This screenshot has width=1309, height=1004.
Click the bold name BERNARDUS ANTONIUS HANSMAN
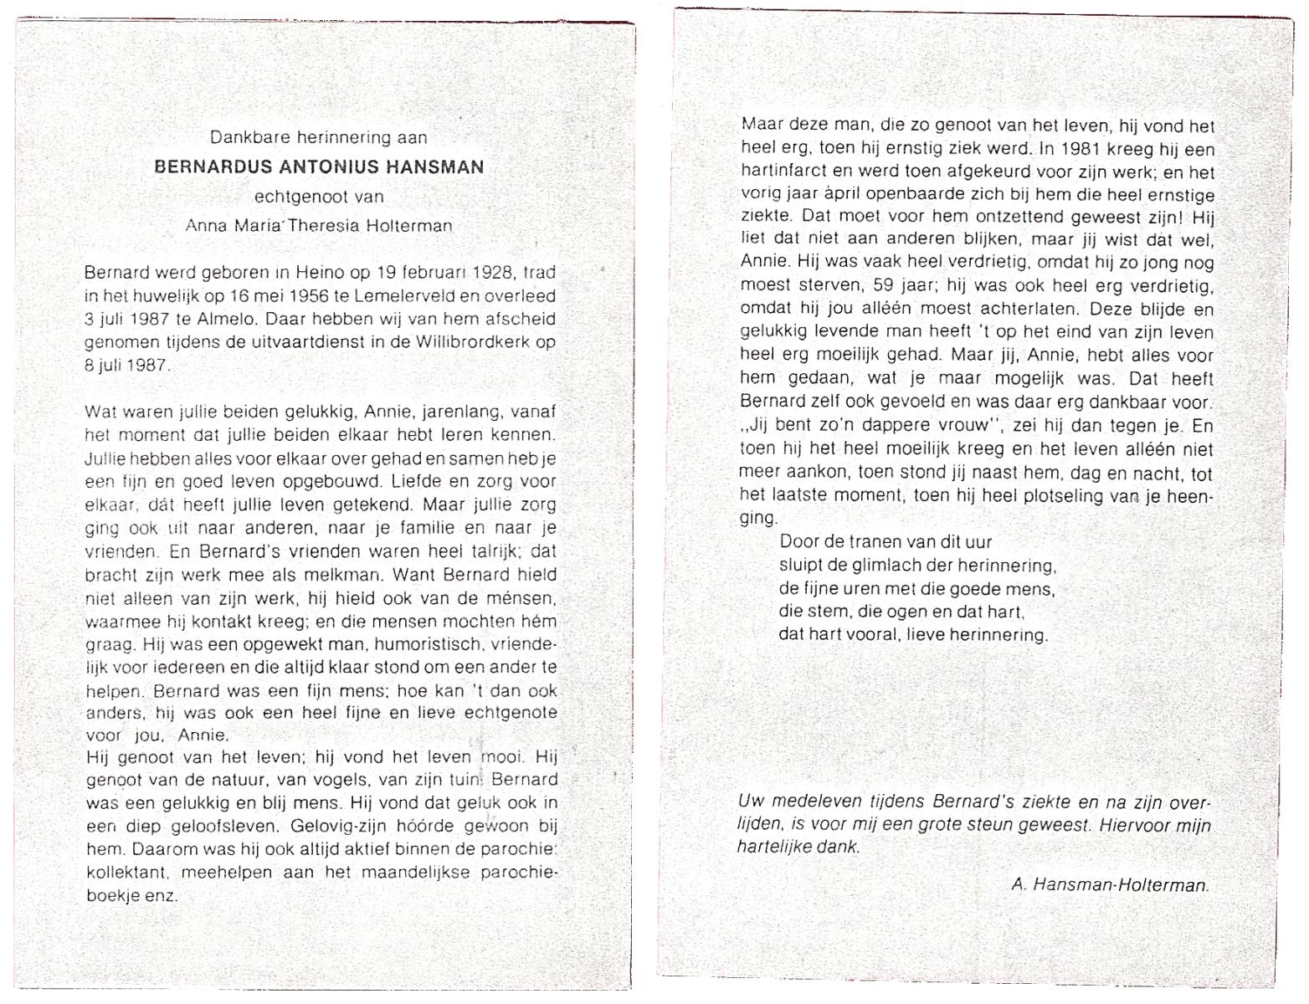coord(319,166)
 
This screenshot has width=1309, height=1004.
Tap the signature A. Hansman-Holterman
coord(1110,884)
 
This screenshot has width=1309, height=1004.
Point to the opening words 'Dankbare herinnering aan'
coord(318,137)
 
